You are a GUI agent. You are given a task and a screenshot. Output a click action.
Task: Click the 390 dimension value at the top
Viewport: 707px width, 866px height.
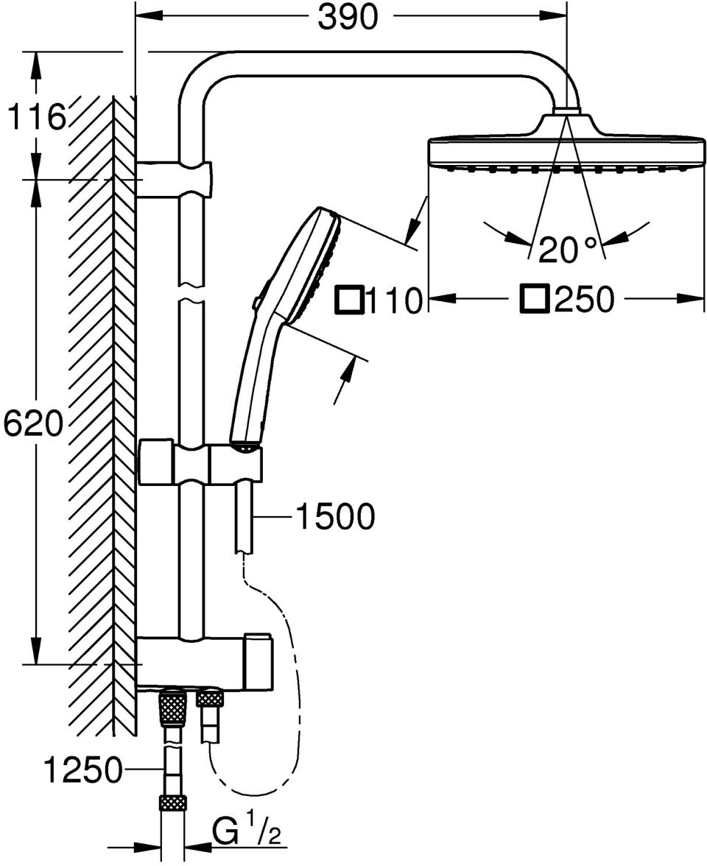348,18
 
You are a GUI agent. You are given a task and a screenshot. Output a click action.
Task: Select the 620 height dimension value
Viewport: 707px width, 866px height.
32,424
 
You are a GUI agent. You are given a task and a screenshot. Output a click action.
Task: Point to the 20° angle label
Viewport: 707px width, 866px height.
566,250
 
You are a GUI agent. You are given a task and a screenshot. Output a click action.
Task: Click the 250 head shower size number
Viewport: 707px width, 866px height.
584,300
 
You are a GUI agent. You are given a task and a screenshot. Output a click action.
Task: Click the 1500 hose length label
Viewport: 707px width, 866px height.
335,517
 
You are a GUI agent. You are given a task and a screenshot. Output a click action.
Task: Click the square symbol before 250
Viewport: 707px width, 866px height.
535,299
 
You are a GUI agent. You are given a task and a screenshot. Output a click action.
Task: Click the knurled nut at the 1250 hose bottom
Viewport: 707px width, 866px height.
172,803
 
